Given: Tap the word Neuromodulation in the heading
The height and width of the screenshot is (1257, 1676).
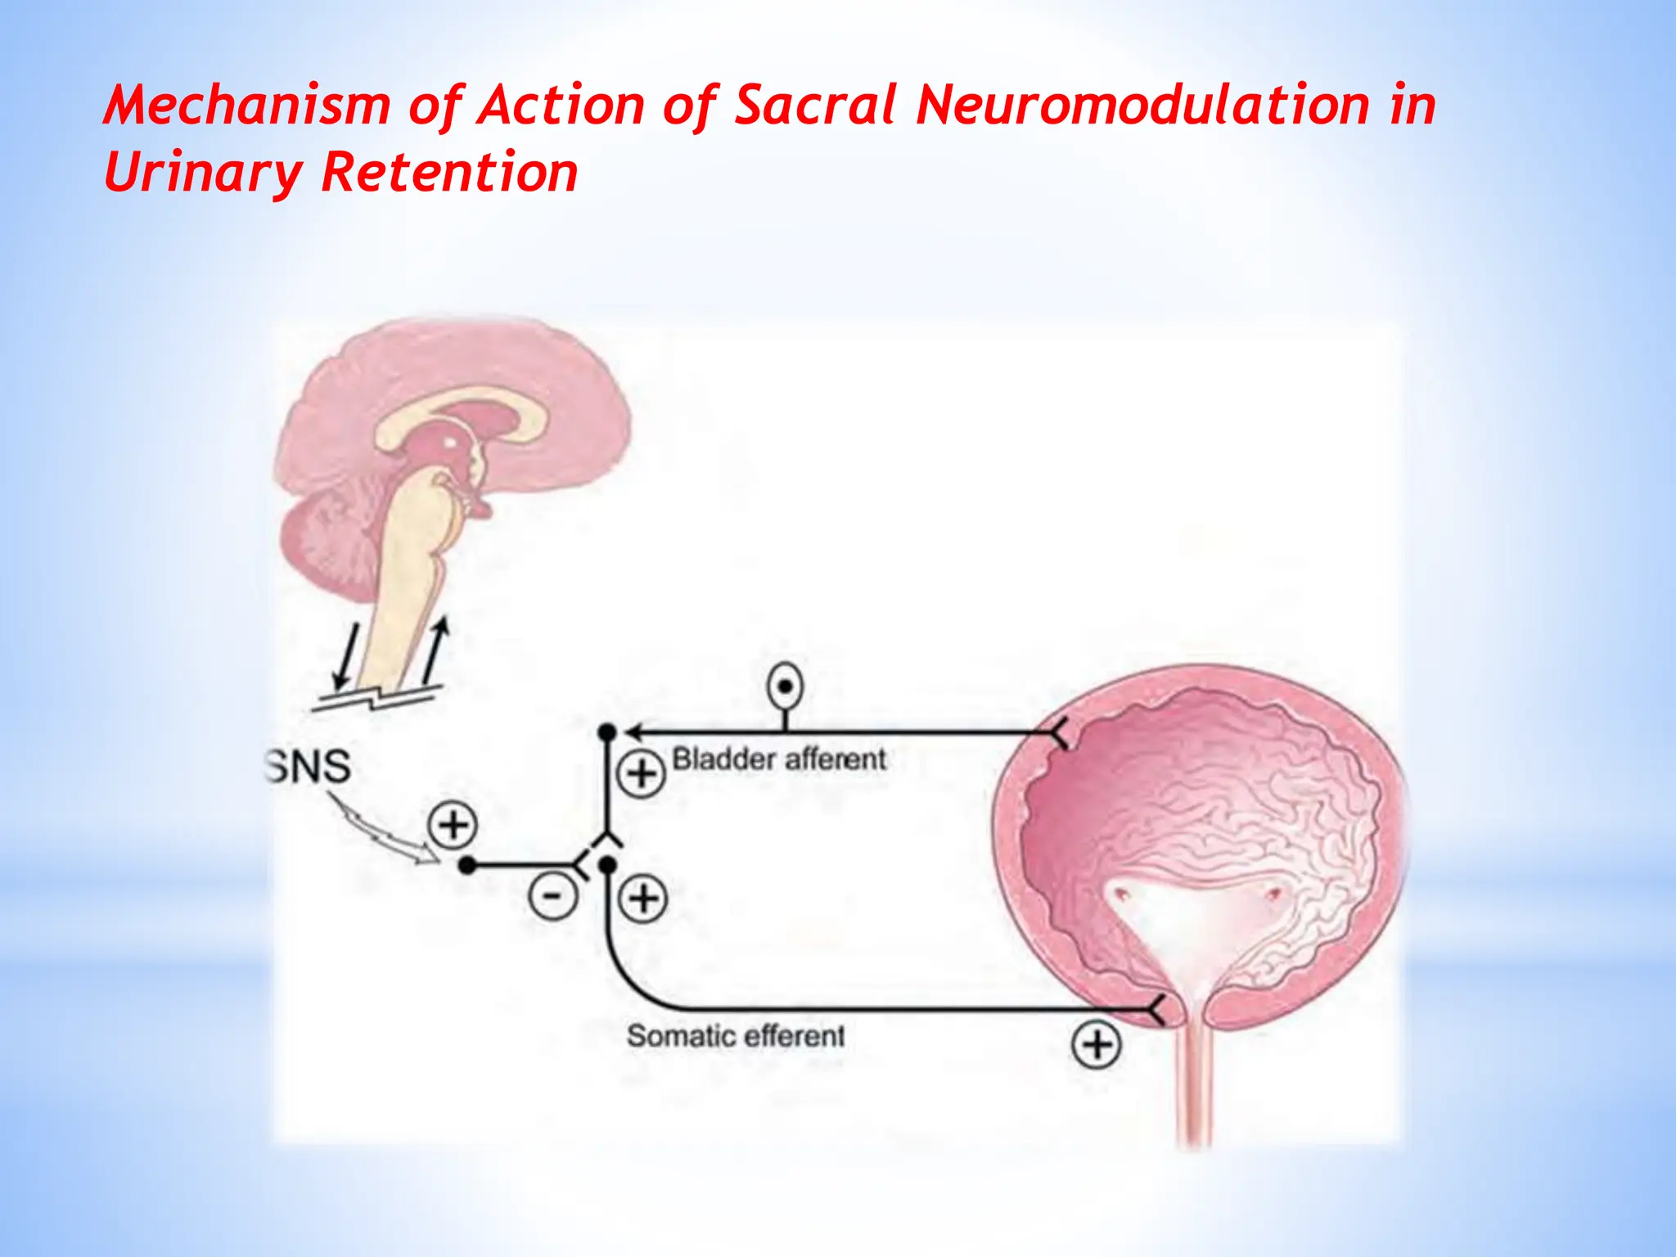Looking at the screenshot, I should click(1142, 106).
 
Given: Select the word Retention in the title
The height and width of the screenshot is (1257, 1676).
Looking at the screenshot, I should click(449, 173).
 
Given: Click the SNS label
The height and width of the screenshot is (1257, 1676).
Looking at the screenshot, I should click(309, 767).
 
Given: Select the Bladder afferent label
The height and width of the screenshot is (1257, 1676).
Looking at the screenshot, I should click(778, 759).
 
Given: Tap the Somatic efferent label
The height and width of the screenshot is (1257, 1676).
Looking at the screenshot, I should click(735, 1036).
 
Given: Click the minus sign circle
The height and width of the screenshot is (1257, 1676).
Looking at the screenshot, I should click(553, 898).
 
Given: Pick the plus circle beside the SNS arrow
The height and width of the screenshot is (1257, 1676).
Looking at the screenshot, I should click(453, 824).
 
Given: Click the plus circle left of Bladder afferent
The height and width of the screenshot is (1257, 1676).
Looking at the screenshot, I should click(641, 773).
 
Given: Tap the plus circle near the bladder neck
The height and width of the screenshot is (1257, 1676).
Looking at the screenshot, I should click(1097, 1045).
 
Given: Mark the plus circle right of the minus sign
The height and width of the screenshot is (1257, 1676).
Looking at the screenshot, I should click(643, 899).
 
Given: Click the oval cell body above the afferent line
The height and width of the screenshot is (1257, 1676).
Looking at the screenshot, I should click(785, 687).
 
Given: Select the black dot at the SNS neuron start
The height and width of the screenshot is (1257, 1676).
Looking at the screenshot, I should click(466, 865).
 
